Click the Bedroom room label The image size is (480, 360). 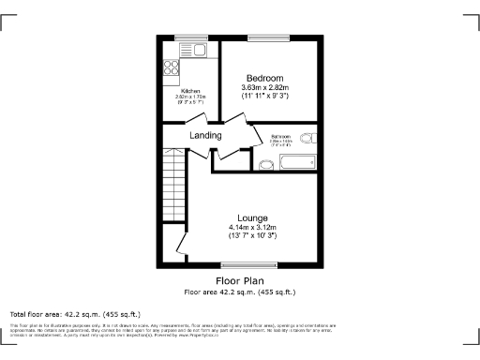click(x=265, y=77)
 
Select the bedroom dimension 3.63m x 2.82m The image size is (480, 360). click(x=265, y=86)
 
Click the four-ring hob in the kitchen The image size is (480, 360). click(x=172, y=67)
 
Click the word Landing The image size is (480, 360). click(x=205, y=136)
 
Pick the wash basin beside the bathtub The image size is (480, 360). click(x=265, y=164)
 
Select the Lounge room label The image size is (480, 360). click(x=252, y=217)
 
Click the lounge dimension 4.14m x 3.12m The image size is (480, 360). click(x=252, y=227)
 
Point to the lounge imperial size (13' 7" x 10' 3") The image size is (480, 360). click(x=252, y=235)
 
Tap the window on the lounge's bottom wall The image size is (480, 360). click(x=256, y=264)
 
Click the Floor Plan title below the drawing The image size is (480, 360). click(x=240, y=280)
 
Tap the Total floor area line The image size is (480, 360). click(x=75, y=313)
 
